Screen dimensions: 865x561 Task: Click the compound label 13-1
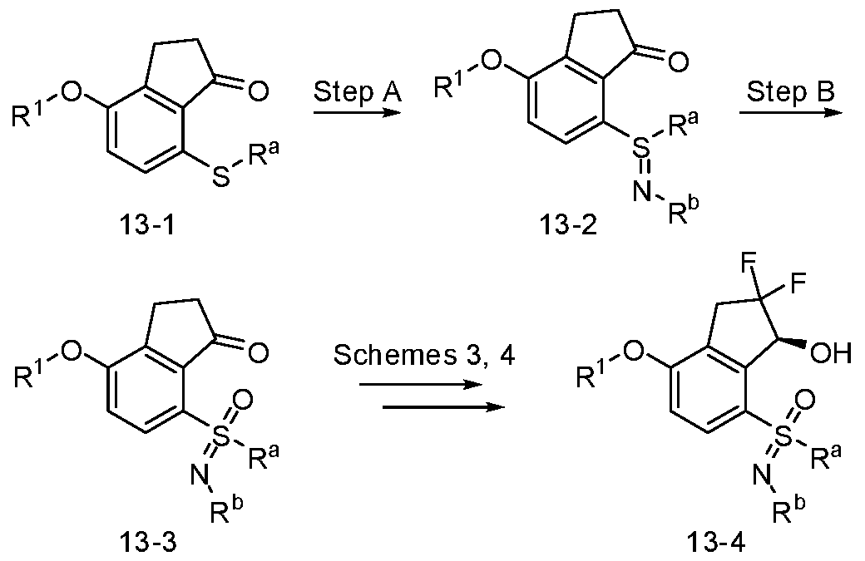click(x=146, y=224)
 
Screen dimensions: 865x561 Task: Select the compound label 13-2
click(x=568, y=224)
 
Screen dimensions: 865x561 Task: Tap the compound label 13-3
click(x=149, y=543)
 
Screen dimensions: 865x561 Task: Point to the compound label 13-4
click(x=716, y=543)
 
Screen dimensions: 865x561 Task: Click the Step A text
click(x=358, y=92)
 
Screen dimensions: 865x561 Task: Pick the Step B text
click(x=790, y=92)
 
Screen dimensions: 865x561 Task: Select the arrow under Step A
click(x=356, y=113)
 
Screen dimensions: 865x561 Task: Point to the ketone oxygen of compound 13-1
click(x=258, y=91)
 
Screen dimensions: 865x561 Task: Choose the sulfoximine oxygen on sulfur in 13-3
click(x=243, y=400)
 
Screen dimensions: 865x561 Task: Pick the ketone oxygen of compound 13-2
click(x=678, y=61)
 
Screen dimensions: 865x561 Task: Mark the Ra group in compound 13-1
click(x=263, y=158)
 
